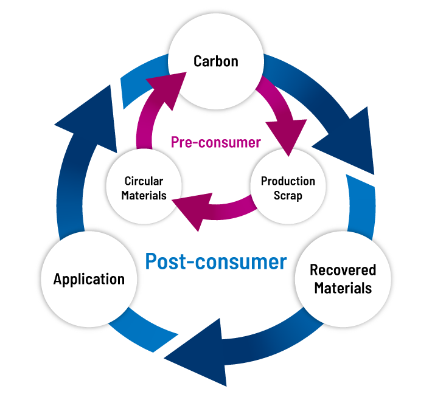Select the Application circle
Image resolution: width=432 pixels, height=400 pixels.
(x=89, y=279)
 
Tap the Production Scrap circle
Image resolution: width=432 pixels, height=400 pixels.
(x=288, y=188)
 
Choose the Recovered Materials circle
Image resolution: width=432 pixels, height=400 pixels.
(x=343, y=278)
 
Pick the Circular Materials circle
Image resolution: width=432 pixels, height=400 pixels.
(x=144, y=188)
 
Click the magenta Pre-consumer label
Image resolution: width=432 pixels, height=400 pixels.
(x=215, y=143)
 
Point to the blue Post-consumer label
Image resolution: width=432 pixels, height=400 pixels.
(x=216, y=261)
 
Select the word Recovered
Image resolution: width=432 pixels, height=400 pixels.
(x=343, y=270)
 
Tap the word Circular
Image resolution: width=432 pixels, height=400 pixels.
(x=144, y=181)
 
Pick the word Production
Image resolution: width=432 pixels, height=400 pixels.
(x=288, y=181)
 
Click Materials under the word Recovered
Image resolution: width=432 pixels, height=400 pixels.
(x=343, y=288)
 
